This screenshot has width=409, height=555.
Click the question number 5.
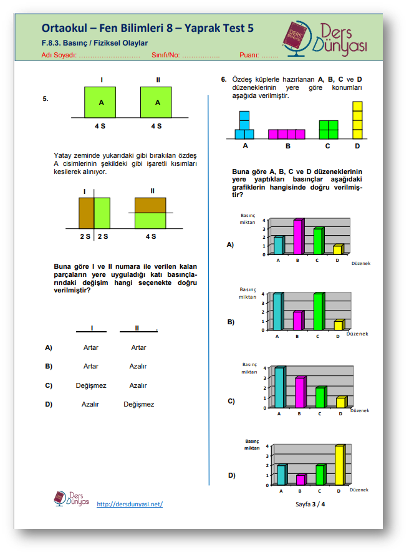[x=46, y=99]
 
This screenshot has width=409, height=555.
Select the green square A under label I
[x=101, y=102]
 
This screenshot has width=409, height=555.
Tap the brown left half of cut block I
[x=86, y=213]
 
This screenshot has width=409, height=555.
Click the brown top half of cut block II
[x=150, y=205]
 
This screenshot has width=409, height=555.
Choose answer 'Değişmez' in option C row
[x=91, y=385]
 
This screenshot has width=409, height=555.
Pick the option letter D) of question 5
[x=48, y=404]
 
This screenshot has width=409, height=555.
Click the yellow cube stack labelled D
[x=357, y=120]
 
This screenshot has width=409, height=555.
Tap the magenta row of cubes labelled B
[x=287, y=134]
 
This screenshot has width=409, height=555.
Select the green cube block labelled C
[x=328, y=130]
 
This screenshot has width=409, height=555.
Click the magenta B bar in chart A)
[x=298, y=237]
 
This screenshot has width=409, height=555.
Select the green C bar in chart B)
[x=319, y=311]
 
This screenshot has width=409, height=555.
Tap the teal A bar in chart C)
[x=279, y=387]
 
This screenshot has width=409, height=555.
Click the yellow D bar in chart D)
[x=339, y=465]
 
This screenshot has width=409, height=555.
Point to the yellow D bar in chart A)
[x=337, y=249]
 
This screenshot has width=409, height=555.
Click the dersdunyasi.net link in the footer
[x=130, y=504]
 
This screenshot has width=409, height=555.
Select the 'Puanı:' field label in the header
[x=249, y=55]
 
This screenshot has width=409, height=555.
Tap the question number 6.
[x=223, y=80]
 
